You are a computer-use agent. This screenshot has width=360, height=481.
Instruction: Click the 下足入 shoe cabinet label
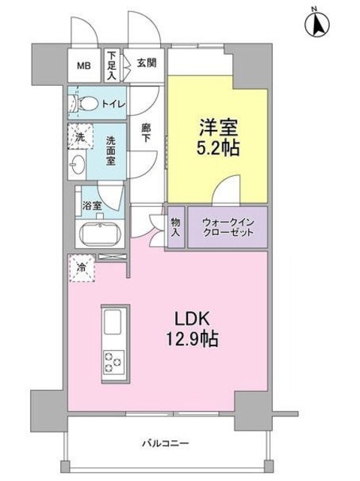coord(111,65)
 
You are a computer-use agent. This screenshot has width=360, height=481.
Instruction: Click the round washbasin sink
coord(78,164)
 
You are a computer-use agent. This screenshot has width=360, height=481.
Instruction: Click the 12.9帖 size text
coord(192,340)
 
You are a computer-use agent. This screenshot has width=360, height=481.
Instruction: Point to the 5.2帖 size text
coord(218,147)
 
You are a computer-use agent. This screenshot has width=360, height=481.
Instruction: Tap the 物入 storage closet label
coord(174,226)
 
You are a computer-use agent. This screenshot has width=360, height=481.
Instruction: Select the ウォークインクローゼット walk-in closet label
coord(227,226)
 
